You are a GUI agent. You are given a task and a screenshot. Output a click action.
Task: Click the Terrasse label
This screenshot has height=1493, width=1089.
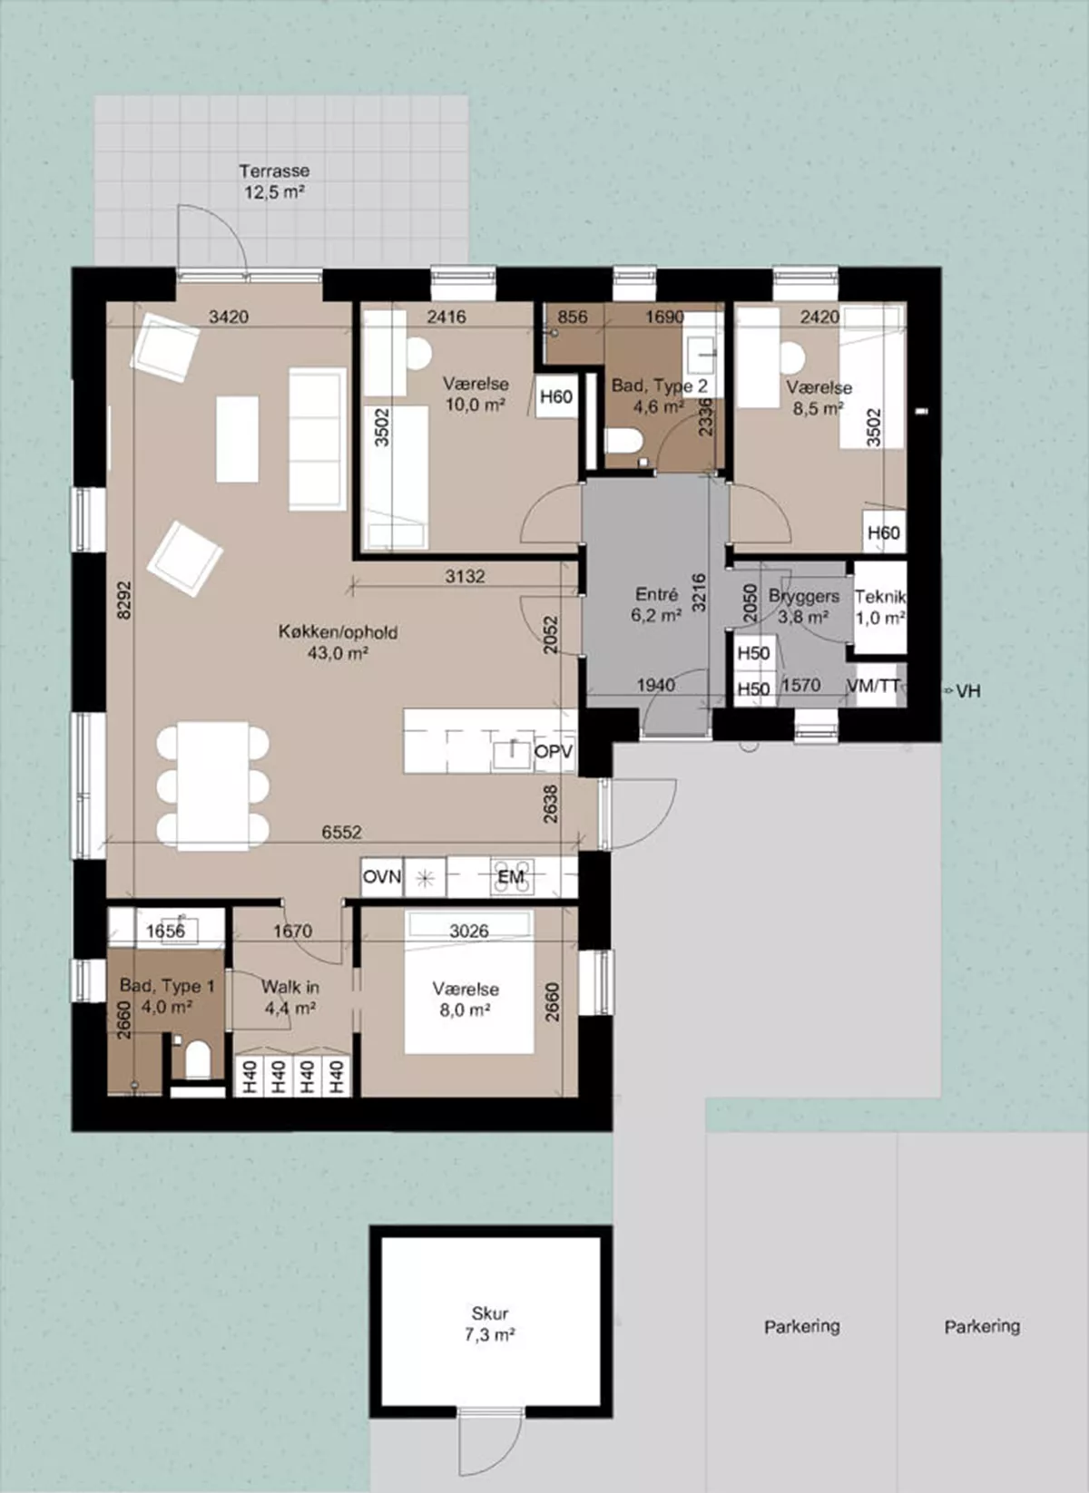pos(274,171)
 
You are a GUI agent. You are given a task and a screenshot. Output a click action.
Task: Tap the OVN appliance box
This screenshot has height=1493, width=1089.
pos(382,876)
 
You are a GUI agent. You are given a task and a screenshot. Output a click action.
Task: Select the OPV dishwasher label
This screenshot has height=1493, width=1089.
pos(554,751)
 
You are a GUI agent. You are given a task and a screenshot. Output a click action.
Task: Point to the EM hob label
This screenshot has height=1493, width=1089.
pos(511,876)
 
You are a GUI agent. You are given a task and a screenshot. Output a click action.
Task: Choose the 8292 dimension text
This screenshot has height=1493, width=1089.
pos(124,600)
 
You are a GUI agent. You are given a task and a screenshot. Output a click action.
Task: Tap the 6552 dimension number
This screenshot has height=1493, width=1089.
pos(341,832)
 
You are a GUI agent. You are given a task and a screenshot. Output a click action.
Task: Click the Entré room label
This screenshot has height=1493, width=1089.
pos(656,594)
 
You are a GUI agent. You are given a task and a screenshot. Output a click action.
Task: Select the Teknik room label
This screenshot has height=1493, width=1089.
pos(880,597)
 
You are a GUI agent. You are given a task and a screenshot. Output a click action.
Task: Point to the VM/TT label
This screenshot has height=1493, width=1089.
pos(873,685)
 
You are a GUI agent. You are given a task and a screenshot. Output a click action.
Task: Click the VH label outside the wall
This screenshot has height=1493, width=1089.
pos(968,691)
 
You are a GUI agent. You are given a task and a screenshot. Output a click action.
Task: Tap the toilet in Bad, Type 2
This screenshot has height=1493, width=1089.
pos(623,442)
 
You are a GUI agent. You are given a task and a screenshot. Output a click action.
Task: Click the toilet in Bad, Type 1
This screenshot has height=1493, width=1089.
pos(198,1060)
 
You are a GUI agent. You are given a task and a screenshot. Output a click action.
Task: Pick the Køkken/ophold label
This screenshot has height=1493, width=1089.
pos(338,631)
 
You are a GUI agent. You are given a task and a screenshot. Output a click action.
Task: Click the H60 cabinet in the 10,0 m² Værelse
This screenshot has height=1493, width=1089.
pos(556,397)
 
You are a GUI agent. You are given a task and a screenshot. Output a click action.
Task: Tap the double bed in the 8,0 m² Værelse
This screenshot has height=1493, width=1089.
pos(469,981)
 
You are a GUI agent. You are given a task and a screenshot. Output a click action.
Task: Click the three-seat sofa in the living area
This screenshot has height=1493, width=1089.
pos(318,439)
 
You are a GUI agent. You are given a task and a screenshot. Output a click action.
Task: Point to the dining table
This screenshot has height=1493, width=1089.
pos(212,786)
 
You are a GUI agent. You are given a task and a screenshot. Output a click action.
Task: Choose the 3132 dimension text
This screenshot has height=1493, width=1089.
pos(465,576)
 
